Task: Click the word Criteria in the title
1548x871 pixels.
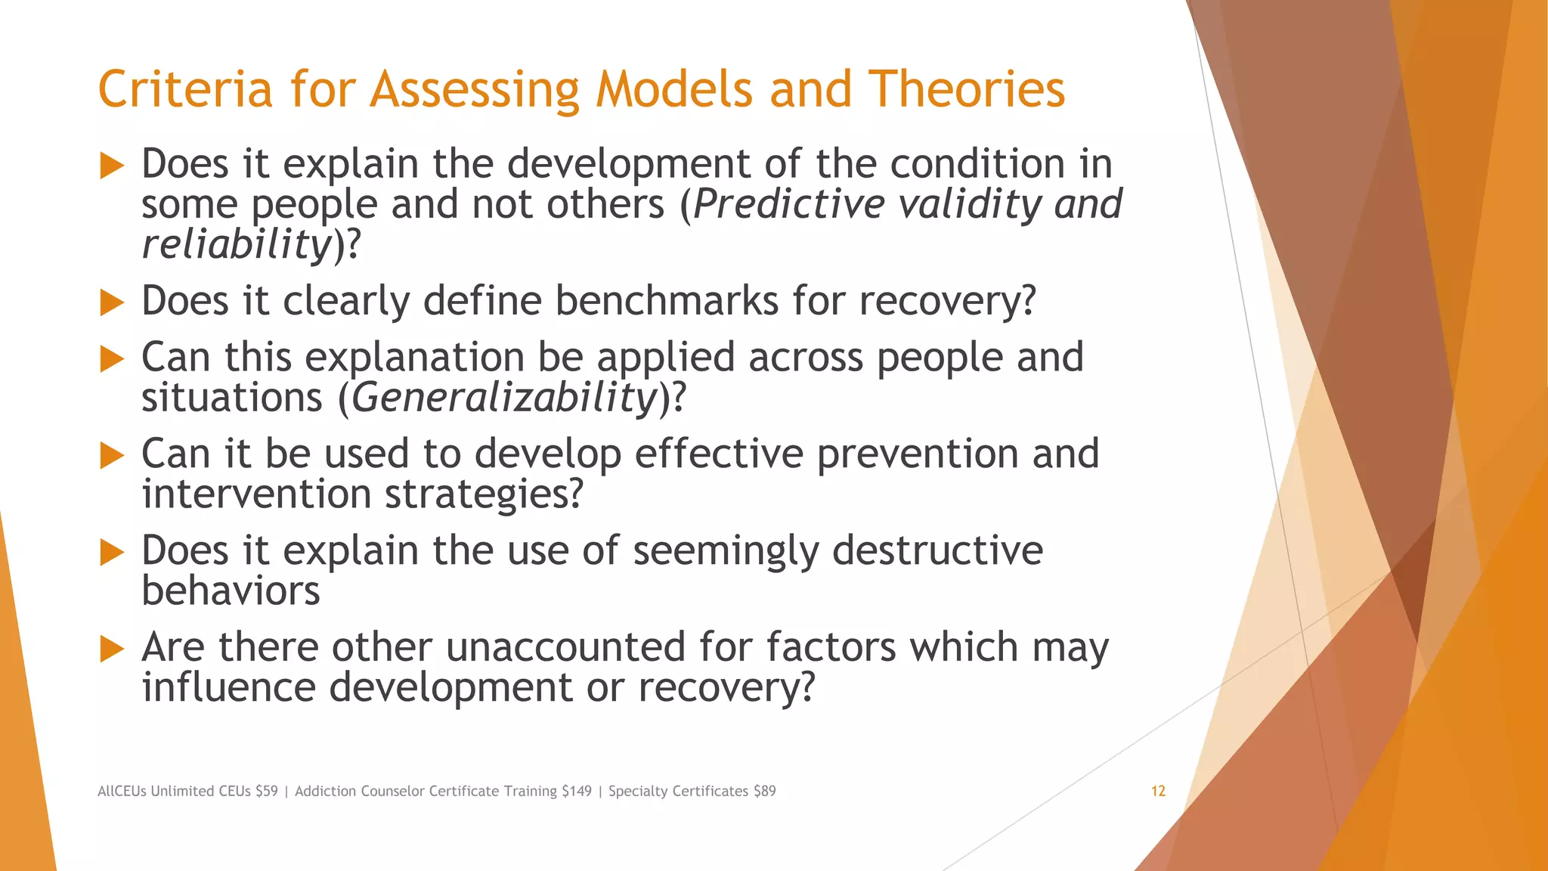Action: click(x=184, y=89)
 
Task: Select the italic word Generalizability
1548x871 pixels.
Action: click(x=504, y=398)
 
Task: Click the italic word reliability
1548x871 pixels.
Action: click(x=237, y=244)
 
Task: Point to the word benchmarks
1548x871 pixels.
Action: click(x=667, y=301)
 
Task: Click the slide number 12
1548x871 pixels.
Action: click(x=1158, y=791)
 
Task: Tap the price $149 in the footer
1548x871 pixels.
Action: click(x=577, y=791)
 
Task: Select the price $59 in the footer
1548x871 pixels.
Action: click(x=267, y=791)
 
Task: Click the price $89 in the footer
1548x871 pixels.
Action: click(x=764, y=791)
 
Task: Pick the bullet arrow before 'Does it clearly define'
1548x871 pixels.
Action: click(x=112, y=303)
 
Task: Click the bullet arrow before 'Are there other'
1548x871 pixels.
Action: click(x=112, y=649)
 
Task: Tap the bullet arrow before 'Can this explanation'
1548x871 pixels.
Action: click(x=112, y=359)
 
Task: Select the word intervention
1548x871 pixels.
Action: click(x=256, y=494)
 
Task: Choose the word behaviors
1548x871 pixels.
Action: click(x=231, y=590)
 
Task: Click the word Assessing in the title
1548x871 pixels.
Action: click(x=474, y=89)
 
